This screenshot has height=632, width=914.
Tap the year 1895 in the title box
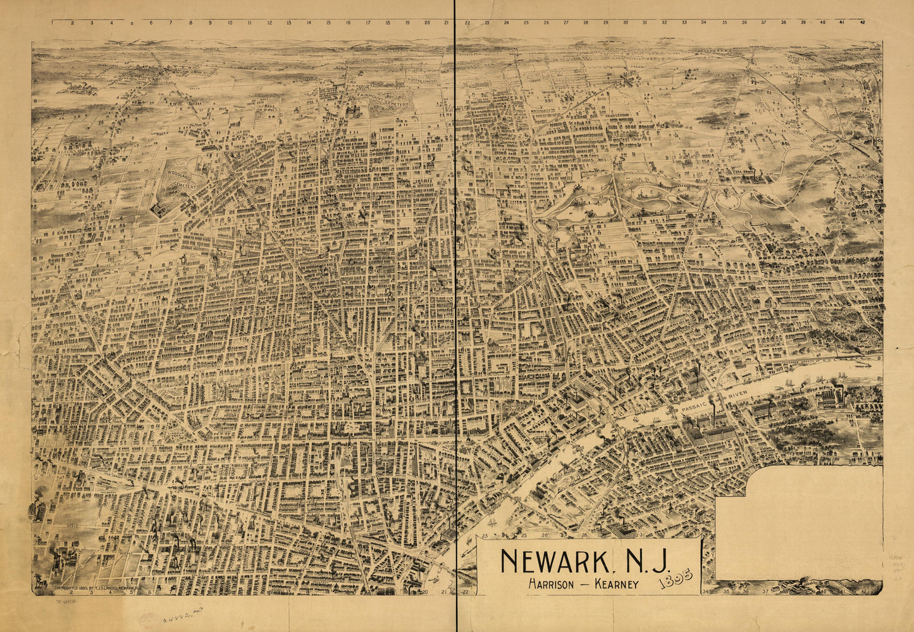tap(675, 576)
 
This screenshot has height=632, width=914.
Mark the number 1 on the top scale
tap(53, 23)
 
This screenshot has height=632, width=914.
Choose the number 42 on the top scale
tap(862, 23)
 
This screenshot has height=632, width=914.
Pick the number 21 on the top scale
tap(447, 23)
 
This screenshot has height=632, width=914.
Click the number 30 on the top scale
tap(625, 23)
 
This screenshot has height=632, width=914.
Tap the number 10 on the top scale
tap(230, 23)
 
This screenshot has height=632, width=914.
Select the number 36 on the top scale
tap(744, 23)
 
